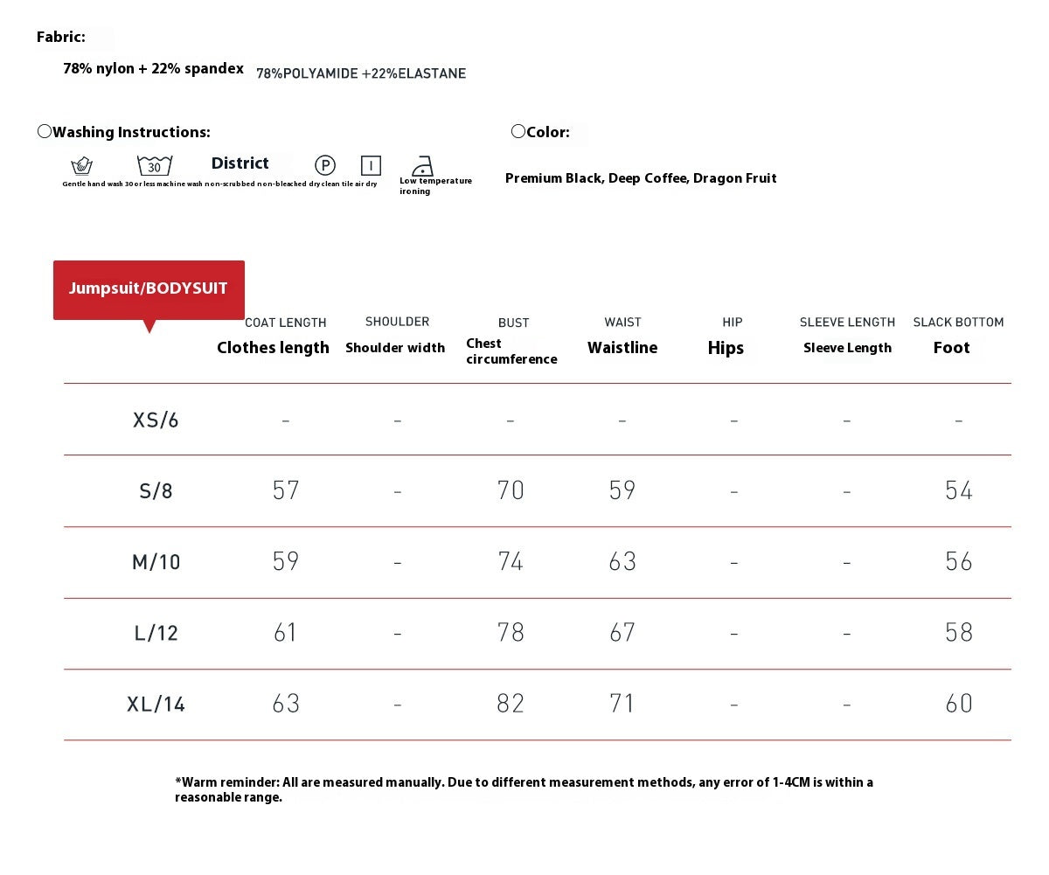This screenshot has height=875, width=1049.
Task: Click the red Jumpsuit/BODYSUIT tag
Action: (x=149, y=289)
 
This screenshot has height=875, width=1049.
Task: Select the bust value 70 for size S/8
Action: (x=511, y=490)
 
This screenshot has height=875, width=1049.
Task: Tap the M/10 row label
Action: (x=156, y=562)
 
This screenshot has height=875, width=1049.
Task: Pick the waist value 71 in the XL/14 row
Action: (x=622, y=704)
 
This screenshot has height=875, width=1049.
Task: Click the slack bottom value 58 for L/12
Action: (x=959, y=633)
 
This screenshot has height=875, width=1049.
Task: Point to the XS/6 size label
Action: (x=156, y=420)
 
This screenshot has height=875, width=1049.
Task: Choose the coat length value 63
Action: (x=286, y=704)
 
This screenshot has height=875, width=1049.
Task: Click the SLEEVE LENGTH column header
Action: (x=847, y=323)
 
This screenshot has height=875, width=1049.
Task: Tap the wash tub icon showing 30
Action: (x=155, y=165)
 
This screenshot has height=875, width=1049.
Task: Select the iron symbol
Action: (x=423, y=166)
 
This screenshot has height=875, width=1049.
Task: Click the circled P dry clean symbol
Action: (x=325, y=165)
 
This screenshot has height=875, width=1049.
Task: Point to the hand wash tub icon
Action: (x=82, y=165)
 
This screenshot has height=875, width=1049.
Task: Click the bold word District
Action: (x=240, y=163)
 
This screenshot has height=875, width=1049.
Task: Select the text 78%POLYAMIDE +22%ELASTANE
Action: (x=361, y=74)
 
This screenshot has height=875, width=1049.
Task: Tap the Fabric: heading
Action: (x=61, y=37)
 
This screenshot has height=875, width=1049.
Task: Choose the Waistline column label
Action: (x=622, y=348)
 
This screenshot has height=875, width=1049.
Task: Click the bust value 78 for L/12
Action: (x=511, y=633)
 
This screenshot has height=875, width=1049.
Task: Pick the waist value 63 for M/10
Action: (x=622, y=562)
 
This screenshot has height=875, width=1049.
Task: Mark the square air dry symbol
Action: (x=371, y=165)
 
